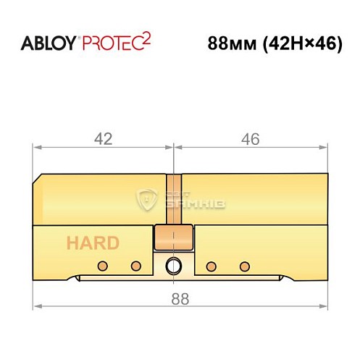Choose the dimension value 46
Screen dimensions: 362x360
click(x=250, y=138)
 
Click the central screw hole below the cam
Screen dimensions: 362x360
click(x=174, y=265)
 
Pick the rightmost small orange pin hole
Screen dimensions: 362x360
click(x=244, y=264)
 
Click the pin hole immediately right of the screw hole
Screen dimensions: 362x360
click(x=212, y=264)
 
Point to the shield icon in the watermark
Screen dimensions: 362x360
click(x=147, y=198)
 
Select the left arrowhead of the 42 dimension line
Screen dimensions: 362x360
click(x=37, y=148)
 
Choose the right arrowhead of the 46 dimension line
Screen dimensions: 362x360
click(x=323, y=148)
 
